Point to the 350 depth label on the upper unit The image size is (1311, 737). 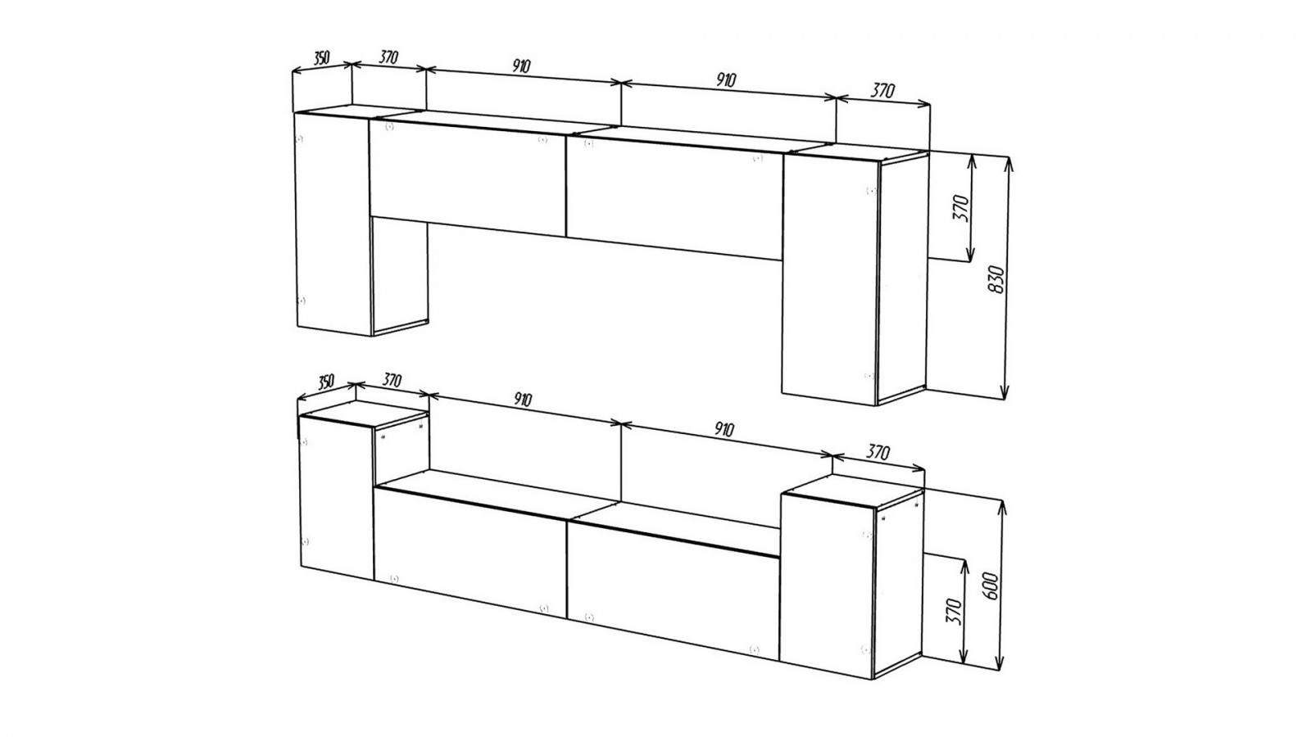pyautogui.click(x=322, y=58)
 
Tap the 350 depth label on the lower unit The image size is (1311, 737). pyautogui.click(x=325, y=382)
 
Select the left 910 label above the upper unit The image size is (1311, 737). pyautogui.click(x=521, y=66)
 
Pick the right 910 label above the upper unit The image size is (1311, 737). pyautogui.click(x=726, y=80)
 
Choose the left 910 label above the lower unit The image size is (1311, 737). pyautogui.click(x=523, y=400)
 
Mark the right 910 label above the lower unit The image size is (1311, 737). pyautogui.click(x=724, y=431)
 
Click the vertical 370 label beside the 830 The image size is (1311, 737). pyautogui.click(x=961, y=208)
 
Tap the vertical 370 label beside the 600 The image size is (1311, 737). pyautogui.click(x=954, y=611)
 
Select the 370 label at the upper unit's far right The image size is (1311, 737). pyautogui.click(x=883, y=91)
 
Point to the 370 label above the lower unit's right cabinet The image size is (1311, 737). pyautogui.click(x=878, y=452)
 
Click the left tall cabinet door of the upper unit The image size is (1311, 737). pyautogui.click(x=333, y=224)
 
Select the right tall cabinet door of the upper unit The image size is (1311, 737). pyautogui.click(x=830, y=279)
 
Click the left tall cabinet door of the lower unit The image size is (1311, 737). pyautogui.click(x=337, y=497)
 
